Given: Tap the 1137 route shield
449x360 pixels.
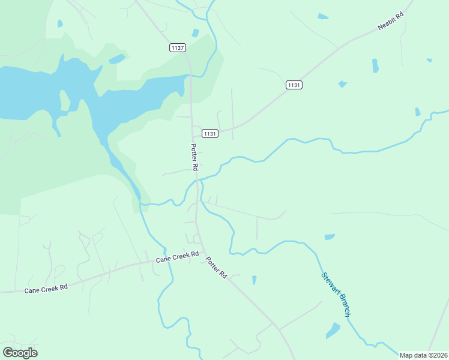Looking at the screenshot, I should [178, 48].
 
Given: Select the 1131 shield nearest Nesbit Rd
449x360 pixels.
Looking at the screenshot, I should [294, 85].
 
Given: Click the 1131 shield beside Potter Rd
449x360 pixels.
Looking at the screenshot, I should [209, 133].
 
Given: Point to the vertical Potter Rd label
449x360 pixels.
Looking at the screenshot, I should [194, 157].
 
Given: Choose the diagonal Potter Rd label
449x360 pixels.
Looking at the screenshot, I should [216, 267].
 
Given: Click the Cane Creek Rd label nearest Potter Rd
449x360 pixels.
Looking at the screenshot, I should [177, 257].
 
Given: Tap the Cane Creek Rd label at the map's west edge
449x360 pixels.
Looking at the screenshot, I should [46, 289].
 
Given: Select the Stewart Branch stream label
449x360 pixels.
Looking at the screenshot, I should [336, 295].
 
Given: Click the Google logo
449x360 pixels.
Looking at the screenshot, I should [20, 353].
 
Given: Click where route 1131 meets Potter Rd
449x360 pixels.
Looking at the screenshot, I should [193, 136].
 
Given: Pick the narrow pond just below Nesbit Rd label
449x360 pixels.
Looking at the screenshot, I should [375, 65].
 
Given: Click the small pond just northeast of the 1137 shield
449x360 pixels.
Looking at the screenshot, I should [194, 33].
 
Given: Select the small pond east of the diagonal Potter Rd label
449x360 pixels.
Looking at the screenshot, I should [254, 280].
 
